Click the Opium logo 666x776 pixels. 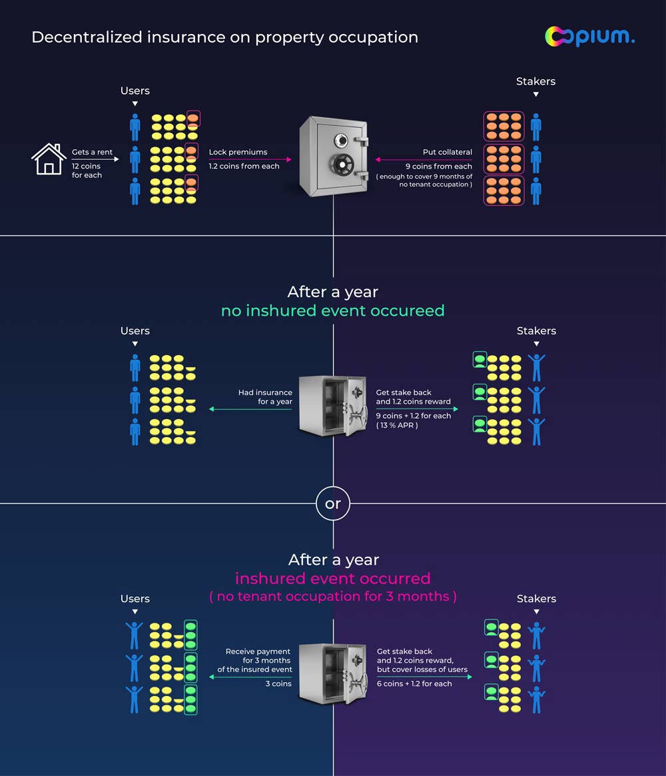tap(589, 36)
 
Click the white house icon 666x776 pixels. tap(49, 159)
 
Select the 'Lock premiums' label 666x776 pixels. tap(238, 152)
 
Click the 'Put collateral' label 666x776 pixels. tap(447, 152)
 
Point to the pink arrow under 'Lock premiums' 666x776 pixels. tap(250, 160)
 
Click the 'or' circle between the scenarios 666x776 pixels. tap(333, 504)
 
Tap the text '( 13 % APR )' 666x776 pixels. tap(397, 425)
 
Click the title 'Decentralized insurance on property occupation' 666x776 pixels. tap(224, 37)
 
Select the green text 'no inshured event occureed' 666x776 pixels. tap(332, 310)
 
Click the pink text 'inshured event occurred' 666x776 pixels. tap(332, 578)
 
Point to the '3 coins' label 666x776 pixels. tap(278, 683)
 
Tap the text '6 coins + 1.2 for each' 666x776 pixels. tap(414, 683)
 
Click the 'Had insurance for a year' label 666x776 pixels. tap(265, 397)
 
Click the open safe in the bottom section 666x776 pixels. tap(332, 673)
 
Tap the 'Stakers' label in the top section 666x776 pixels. tap(535, 81)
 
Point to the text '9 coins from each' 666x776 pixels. tap(438, 167)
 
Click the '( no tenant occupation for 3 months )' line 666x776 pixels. tap(332, 596)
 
